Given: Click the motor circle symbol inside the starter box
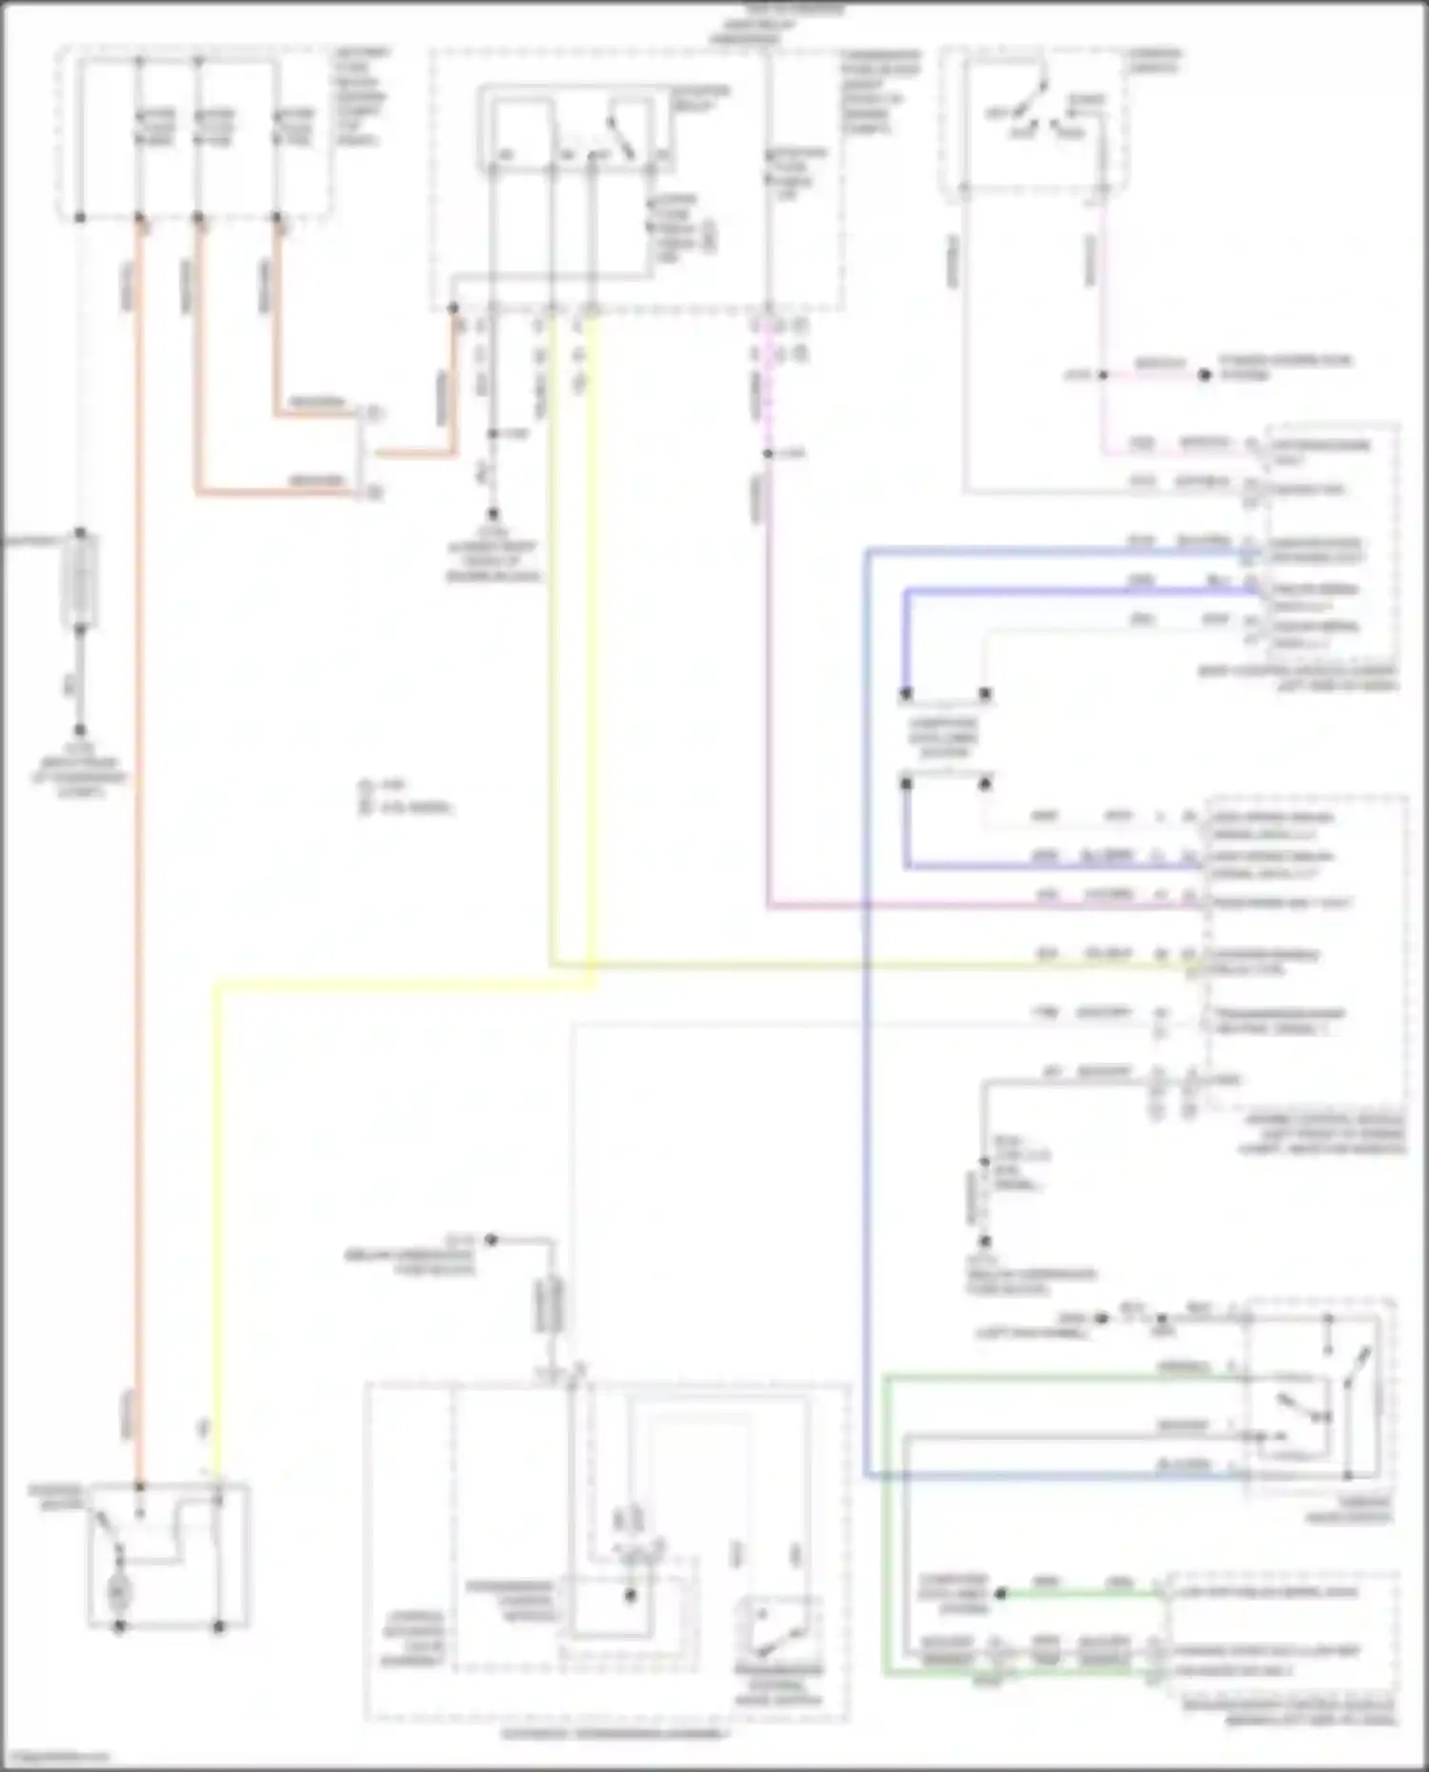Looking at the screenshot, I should tap(119, 1591).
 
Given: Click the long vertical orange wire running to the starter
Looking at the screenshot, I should tap(139, 857).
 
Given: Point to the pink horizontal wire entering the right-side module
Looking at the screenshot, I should tap(981, 906).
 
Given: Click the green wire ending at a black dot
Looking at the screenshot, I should tap(1077, 1593).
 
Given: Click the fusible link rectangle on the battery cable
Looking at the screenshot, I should tap(81, 579).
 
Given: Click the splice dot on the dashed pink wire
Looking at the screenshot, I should tap(768, 454).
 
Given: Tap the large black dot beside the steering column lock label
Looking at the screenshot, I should tap(1204, 375).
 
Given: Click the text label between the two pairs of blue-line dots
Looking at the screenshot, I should tap(944, 738).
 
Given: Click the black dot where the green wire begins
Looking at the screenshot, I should tap(1000, 1593).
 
